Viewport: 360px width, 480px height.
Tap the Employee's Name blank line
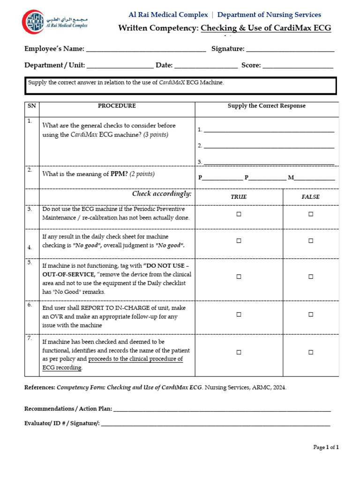[x=146, y=49]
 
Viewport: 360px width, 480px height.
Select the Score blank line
[x=298, y=66]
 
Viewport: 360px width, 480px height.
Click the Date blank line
[x=206, y=66]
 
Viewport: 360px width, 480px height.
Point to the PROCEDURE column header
[x=117, y=106]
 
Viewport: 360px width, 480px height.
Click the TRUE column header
[x=239, y=197]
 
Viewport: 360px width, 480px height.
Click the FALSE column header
[x=310, y=197]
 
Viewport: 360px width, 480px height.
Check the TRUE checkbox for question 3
[x=239, y=214]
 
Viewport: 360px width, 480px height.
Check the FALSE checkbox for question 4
[x=310, y=240]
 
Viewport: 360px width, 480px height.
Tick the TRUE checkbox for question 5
[x=239, y=277]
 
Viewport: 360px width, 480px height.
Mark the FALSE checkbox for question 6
[x=310, y=315]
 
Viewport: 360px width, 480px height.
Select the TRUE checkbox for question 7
[x=239, y=352]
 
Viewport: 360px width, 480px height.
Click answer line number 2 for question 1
[x=269, y=146]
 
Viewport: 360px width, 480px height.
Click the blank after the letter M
[x=315, y=178]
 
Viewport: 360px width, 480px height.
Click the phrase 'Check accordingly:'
[x=162, y=194]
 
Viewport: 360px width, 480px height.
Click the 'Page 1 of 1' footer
[x=326, y=447]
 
